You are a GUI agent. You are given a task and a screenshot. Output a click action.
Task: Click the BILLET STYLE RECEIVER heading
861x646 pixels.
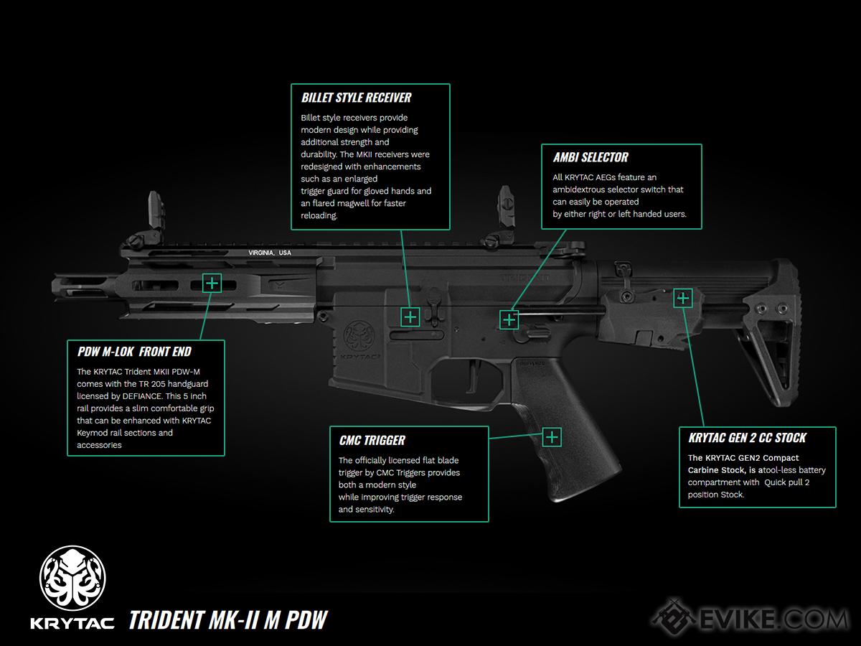click(356, 98)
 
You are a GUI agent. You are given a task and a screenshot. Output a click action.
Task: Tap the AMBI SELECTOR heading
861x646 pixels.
click(590, 157)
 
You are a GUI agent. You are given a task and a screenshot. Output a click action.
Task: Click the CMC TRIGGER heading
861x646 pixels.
click(372, 440)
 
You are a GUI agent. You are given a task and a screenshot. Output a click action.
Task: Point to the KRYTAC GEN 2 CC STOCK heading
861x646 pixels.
click(747, 438)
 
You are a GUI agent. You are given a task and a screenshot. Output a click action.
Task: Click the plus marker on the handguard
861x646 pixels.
click(212, 283)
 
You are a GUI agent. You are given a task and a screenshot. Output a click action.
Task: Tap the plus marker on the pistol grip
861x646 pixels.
click(551, 436)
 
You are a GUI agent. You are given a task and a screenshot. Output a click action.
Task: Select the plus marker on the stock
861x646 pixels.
click(682, 298)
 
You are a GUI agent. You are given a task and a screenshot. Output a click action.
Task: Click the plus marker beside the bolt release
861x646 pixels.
click(410, 317)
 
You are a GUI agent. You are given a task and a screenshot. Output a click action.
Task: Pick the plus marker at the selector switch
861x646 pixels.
click(509, 320)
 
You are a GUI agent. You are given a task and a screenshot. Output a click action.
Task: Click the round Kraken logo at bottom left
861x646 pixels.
click(72, 577)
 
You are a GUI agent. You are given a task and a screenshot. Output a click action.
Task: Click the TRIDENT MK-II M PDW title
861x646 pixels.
click(228, 619)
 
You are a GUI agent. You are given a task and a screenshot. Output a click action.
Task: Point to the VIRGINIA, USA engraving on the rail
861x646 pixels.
click(270, 253)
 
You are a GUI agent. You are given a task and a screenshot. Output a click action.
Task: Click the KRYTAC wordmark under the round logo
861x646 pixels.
click(72, 622)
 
